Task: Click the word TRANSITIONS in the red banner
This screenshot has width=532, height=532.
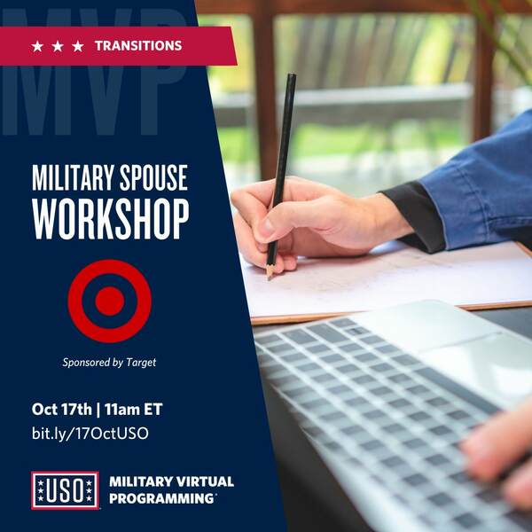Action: (138, 46)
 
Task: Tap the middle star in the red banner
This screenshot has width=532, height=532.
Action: (58, 46)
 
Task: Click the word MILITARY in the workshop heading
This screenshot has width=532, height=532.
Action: (73, 177)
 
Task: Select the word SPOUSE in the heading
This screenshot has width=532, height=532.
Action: (153, 177)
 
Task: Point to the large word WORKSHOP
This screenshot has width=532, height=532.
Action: (111, 219)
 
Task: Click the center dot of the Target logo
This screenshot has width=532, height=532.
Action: (110, 301)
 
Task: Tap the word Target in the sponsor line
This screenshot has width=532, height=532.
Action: (141, 363)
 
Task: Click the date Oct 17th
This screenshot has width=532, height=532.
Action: (62, 409)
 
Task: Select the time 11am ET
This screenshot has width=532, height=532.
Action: (133, 409)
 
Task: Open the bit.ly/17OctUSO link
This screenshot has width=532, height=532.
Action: (90, 434)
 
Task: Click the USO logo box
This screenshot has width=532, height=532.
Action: (65, 490)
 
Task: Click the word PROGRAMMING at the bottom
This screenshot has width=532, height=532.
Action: (161, 498)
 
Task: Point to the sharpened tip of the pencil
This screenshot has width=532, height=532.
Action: (270, 278)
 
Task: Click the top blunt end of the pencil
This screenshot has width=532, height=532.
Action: (292, 75)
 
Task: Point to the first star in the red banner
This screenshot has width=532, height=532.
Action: (37, 46)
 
